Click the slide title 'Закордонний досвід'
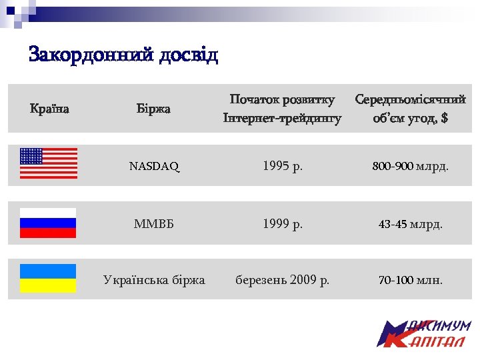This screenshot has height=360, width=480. tap(123, 55)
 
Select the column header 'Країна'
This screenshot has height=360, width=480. tap(50, 108)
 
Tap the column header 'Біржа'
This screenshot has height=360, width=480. tap(153, 108)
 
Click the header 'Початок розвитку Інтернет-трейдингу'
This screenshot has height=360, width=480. tap(282, 109)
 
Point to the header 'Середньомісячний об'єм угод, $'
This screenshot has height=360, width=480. tap(410, 109)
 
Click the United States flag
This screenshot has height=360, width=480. tap(48, 163)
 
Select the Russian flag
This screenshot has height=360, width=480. tap(48, 223)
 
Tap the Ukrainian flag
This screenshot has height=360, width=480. tap(48, 279)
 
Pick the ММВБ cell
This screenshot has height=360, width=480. tap(154, 224)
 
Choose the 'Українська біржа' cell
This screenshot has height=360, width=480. tap(154, 280)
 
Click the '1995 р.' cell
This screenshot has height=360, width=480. tap(283, 166)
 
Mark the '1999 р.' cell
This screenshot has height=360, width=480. tap(283, 224)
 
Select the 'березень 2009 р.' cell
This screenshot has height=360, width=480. tap(283, 280)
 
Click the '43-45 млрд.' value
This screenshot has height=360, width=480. tap(410, 224)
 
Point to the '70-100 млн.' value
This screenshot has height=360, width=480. tap(410, 280)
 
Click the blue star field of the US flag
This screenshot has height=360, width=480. tap(31, 156)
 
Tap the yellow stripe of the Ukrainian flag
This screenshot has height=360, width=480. tap(48, 286)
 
